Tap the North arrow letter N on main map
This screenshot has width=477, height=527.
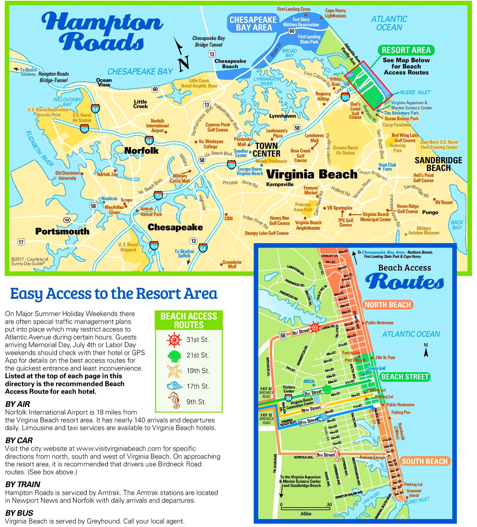tap(184, 63)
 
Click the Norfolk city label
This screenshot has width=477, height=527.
tap(141, 151)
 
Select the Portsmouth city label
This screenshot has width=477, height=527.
tap(62, 231)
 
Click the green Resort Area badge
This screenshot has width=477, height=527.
tap(406, 50)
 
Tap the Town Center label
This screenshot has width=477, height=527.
tap(266, 150)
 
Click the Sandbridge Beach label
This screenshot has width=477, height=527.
tap(438, 164)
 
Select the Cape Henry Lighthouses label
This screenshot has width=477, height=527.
tap(335, 13)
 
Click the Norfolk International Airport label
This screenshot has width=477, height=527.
tap(157, 126)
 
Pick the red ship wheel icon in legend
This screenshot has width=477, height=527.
tap(174, 340)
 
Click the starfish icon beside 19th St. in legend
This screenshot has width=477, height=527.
tap(174, 371)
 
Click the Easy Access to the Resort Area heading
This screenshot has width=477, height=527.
tap(114, 294)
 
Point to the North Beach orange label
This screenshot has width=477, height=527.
tap(387, 305)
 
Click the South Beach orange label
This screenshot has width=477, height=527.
tap(424, 461)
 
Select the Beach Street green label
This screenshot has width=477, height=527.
tap(405, 377)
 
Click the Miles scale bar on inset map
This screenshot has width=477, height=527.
tap(305, 509)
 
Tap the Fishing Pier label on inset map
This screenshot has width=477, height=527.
tap(401, 412)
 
